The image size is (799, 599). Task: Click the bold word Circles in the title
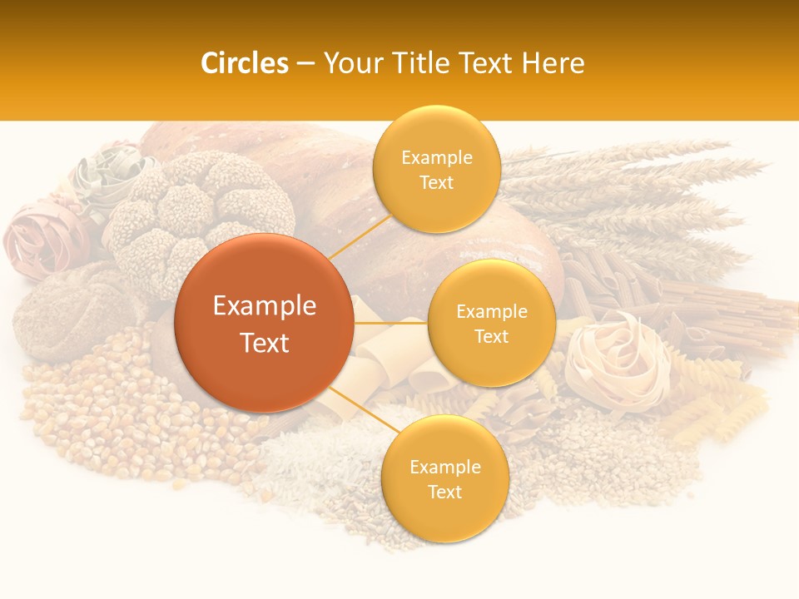click(x=244, y=63)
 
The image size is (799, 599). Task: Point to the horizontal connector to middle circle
click(x=390, y=322)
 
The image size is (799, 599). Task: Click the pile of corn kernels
click(x=108, y=416)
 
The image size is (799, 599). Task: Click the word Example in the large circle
click(x=264, y=306)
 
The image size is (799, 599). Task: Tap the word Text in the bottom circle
click(x=444, y=492)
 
